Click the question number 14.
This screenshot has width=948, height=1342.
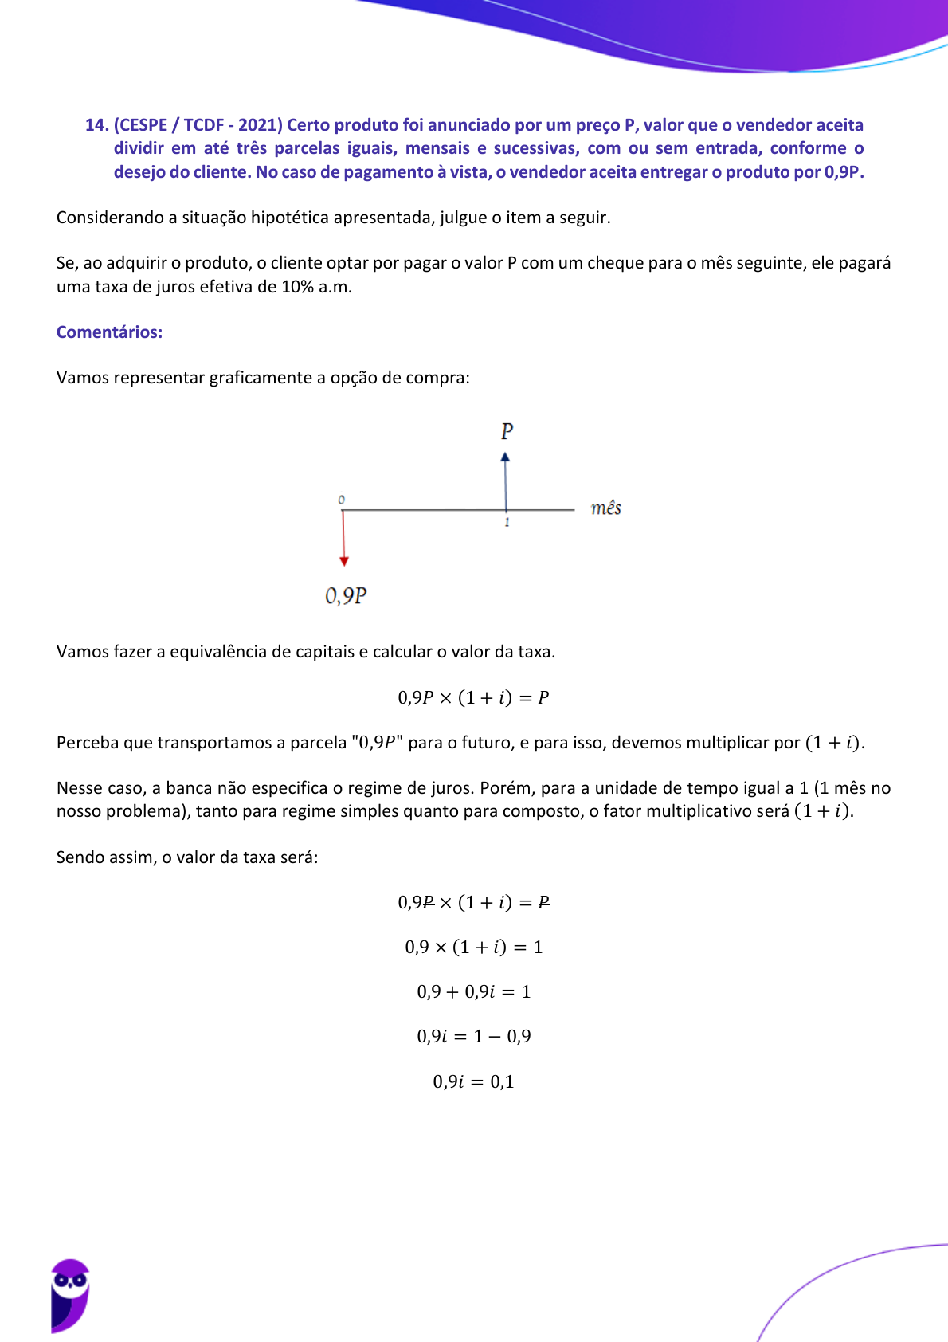96,125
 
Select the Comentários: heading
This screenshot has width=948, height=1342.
109,332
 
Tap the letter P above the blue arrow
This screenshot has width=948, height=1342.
507,431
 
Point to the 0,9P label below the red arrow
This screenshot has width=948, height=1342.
346,596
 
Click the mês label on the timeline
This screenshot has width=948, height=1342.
605,508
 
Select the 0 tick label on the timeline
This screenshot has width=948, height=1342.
342,500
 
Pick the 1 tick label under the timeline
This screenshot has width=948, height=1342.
507,523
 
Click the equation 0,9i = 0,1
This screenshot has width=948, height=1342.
473,1081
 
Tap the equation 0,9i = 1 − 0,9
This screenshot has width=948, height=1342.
473,1036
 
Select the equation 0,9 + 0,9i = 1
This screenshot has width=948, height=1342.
473,991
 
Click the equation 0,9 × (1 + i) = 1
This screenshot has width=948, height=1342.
473,947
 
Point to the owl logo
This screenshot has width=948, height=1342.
70,1295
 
